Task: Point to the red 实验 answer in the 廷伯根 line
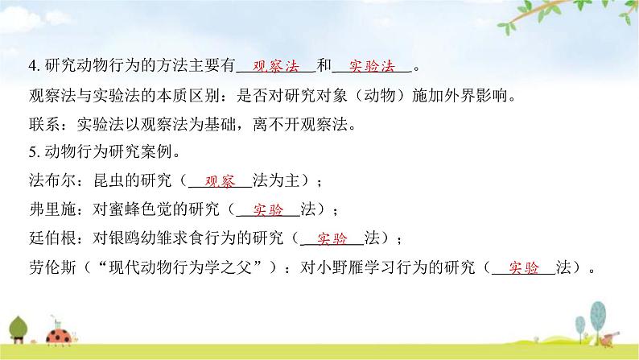(332, 238)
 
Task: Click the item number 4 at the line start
(31, 67)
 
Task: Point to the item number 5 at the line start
(31, 152)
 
